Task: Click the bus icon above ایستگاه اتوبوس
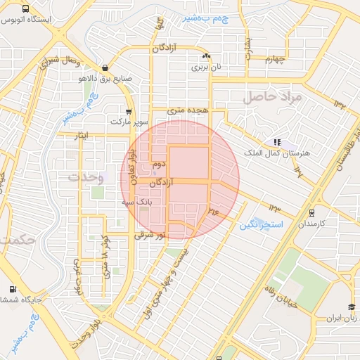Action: click(x=26, y=10)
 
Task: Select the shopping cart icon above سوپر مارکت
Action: click(x=128, y=111)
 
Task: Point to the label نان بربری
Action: click(x=207, y=67)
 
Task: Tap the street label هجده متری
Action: click(x=186, y=111)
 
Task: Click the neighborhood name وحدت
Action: click(x=86, y=178)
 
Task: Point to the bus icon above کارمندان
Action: click(x=312, y=213)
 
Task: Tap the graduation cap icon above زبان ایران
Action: click(x=350, y=308)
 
